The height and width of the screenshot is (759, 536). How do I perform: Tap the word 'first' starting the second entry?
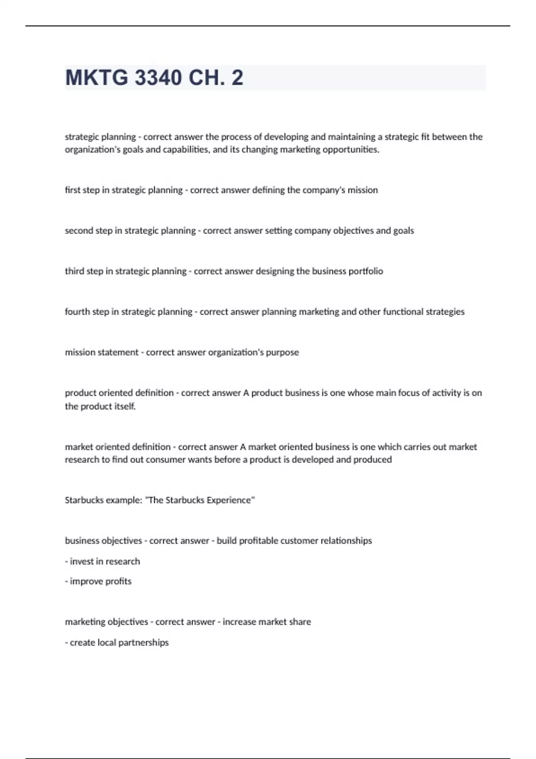(72, 190)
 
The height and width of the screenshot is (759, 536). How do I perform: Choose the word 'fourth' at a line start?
(77, 312)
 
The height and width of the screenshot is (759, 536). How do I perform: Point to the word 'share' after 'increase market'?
(300, 622)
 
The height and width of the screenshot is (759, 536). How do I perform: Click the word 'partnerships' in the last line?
(143, 643)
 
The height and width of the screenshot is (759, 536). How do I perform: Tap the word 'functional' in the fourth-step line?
(398, 312)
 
